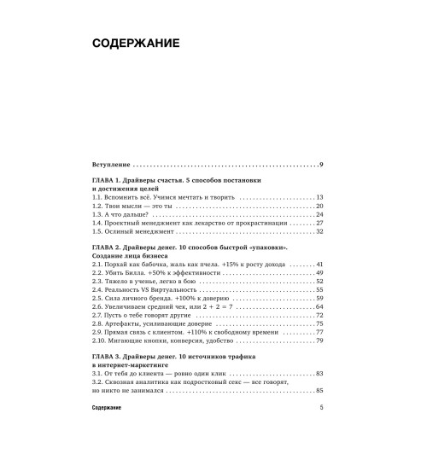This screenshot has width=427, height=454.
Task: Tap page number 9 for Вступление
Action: point(319,163)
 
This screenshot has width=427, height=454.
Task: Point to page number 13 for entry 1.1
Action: point(317,195)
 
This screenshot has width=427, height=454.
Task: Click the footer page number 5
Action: point(319,433)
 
